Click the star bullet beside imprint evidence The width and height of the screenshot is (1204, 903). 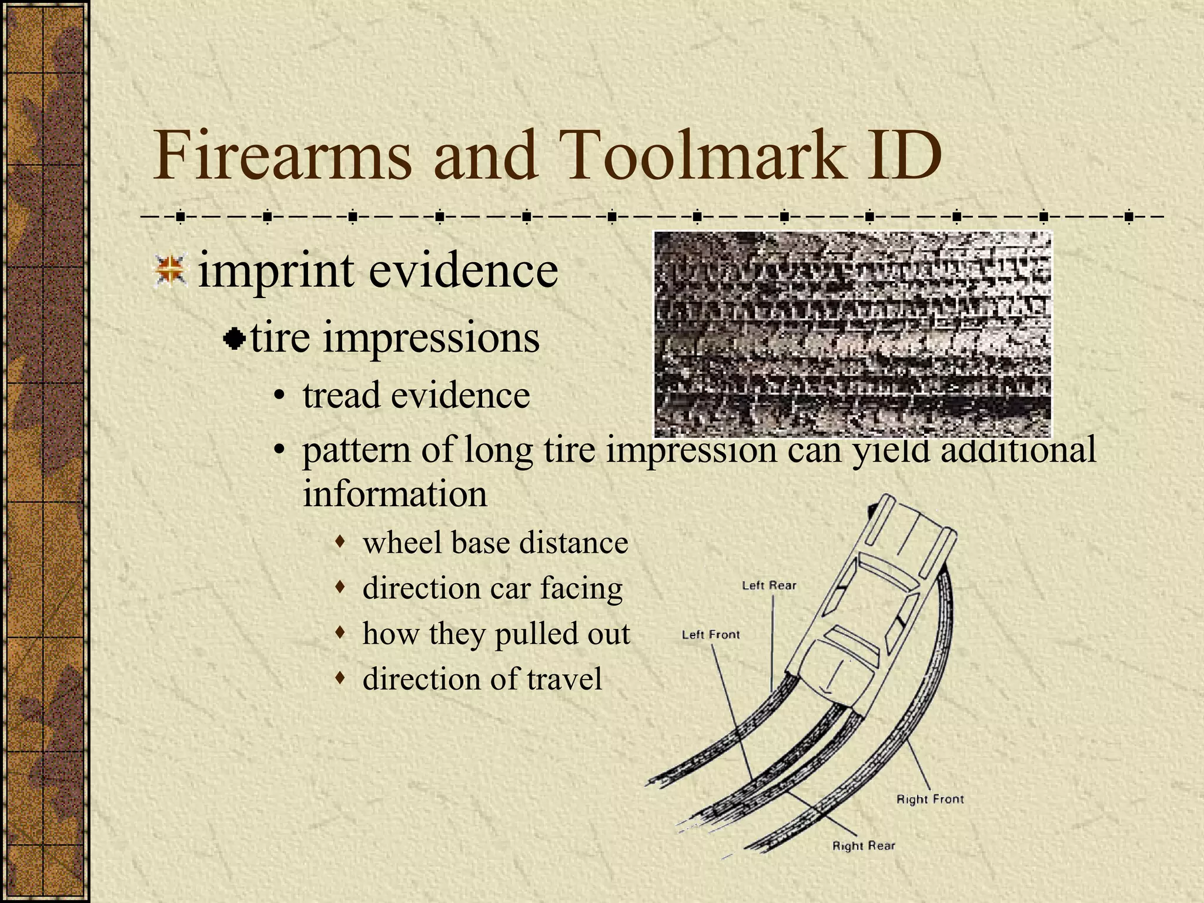(x=170, y=271)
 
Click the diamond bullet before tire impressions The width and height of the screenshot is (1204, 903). (x=235, y=339)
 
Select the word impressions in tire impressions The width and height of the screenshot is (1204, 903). (x=431, y=339)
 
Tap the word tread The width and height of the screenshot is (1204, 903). (x=340, y=395)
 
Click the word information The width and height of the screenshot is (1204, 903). (x=394, y=494)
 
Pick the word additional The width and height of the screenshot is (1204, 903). (x=1018, y=450)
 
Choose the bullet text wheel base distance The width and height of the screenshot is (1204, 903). (x=495, y=542)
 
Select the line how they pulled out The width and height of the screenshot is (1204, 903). (x=496, y=634)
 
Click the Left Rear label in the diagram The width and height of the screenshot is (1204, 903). (x=768, y=586)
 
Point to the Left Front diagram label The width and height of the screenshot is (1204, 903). (x=710, y=635)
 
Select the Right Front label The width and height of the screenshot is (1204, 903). (x=929, y=800)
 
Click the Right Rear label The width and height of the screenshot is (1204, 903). (x=863, y=846)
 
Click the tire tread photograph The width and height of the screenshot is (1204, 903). (x=852, y=334)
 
